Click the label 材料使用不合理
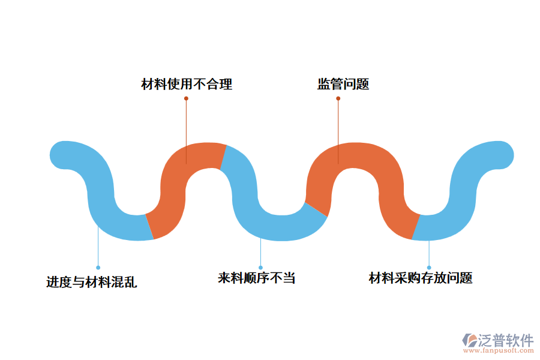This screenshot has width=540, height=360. click(187, 84)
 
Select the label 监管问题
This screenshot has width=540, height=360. click(343, 84)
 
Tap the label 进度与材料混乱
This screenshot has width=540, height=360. click(91, 281)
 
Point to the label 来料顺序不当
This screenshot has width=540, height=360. click(256, 278)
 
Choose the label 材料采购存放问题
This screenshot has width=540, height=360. click(420, 278)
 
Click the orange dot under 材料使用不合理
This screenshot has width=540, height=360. click(186, 98)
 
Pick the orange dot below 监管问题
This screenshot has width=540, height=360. click(338, 98)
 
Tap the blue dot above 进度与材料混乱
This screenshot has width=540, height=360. click(98, 268)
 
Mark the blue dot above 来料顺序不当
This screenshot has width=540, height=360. click(260, 268)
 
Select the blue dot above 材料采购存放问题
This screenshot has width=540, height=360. click(429, 268)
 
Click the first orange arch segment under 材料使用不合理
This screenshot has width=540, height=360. click(174, 180)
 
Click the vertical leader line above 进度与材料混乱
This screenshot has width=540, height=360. click(98, 246)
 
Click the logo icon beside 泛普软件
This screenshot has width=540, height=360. click(469, 341)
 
